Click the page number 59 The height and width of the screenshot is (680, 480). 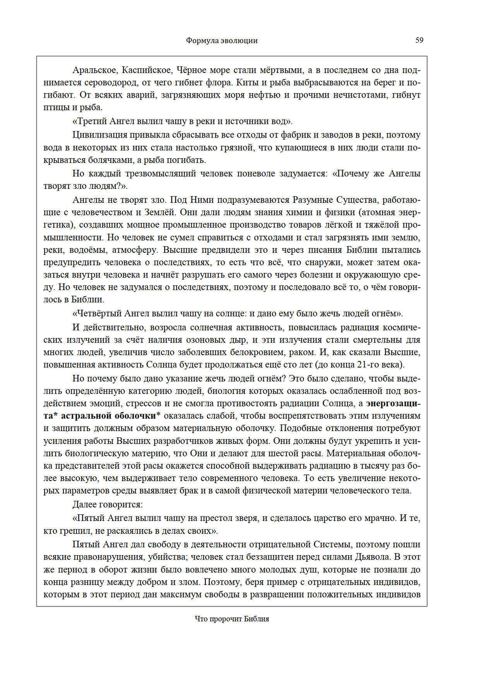(419, 40)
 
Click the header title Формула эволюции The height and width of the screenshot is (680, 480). (221, 41)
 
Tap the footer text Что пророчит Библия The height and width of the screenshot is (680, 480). (232, 619)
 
